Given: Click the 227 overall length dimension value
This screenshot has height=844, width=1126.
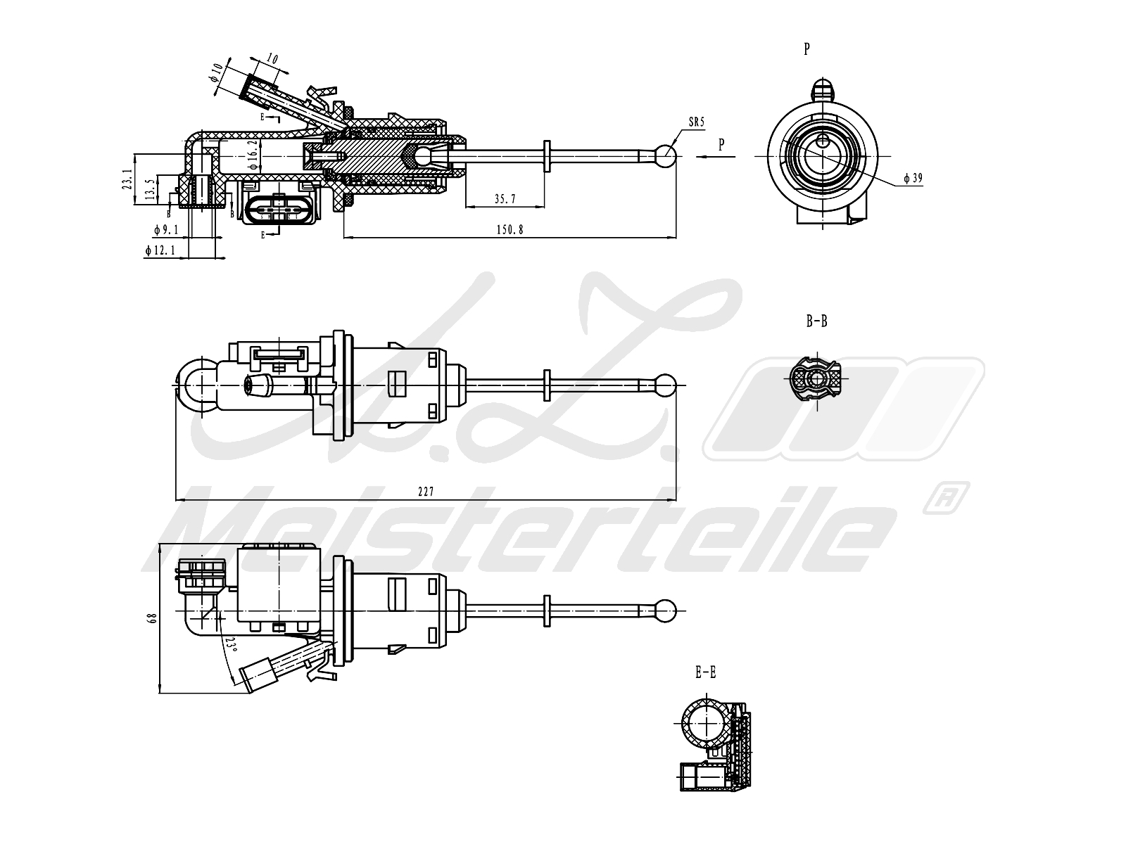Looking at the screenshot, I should click(425, 492).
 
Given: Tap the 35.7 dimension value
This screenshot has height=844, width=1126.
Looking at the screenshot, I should click(505, 199).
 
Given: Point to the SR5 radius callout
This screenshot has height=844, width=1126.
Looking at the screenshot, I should click(695, 122).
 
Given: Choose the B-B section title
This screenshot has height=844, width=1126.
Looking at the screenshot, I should click(816, 321).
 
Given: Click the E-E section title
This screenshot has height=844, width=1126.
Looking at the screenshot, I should click(705, 673).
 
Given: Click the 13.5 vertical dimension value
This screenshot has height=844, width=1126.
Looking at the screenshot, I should click(149, 190).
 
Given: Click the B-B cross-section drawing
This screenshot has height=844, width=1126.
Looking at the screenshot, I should click(816, 381).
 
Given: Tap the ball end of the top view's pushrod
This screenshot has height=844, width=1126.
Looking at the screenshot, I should click(666, 385).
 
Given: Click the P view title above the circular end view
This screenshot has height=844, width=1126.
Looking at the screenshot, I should click(806, 49).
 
